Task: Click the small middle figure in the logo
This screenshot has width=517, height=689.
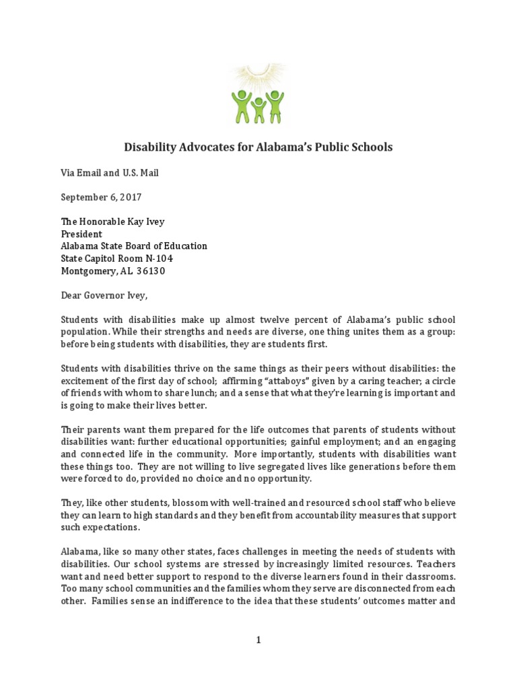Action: pyautogui.click(x=258, y=110)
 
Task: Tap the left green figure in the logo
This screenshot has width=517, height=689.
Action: pyautogui.click(x=241, y=106)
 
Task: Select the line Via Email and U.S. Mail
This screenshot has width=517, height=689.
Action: pyautogui.click(x=110, y=173)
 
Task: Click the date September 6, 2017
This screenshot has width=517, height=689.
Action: pyautogui.click(x=102, y=198)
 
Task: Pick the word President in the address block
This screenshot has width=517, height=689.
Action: pyautogui.click(x=81, y=234)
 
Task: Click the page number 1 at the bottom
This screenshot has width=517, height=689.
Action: pyautogui.click(x=258, y=641)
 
